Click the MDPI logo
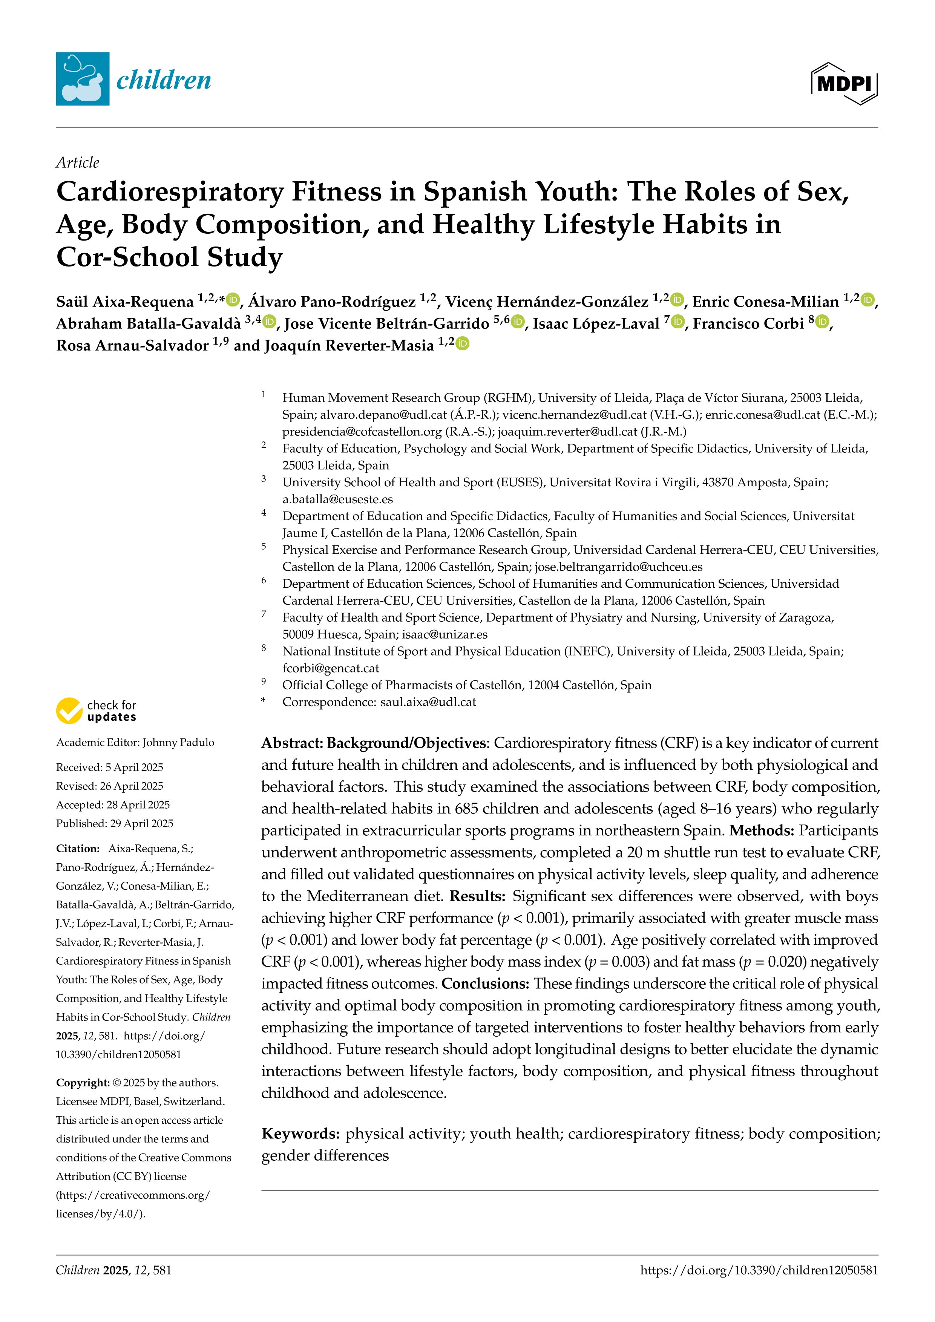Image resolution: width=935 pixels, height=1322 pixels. point(844,84)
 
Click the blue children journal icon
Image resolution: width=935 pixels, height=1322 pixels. point(82,79)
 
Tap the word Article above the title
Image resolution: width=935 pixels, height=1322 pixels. point(78,163)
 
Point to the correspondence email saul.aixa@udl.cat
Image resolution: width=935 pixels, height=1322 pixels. point(428,702)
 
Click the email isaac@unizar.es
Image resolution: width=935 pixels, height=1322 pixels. point(445,634)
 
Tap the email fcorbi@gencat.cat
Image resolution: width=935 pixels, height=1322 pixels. point(331,668)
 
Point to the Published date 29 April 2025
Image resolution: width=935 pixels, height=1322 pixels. point(141,823)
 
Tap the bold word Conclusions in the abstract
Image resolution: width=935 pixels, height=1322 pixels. point(485,983)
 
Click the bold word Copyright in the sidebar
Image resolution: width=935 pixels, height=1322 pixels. point(82,1083)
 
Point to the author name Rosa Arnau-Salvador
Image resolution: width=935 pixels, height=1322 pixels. point(132,345)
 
